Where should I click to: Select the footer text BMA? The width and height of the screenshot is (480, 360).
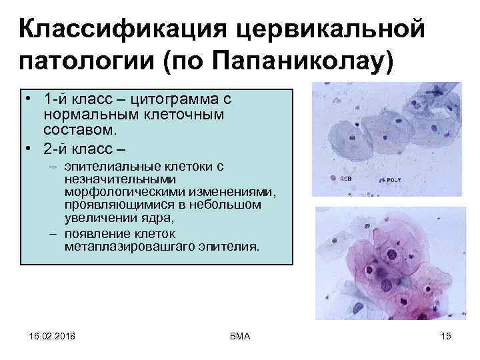238,335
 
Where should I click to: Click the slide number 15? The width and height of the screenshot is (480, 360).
446,335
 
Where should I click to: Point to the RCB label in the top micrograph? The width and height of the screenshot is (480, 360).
347,179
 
